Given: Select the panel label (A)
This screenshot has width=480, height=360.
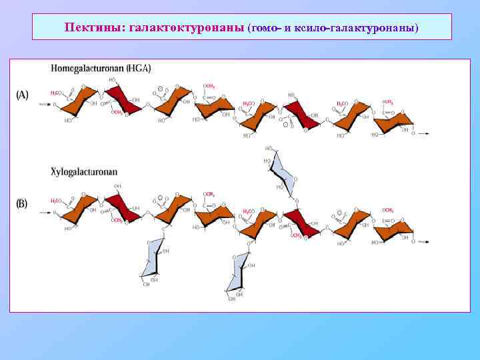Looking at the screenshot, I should [22, 95].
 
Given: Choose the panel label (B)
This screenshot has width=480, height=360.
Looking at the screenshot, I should [22, 203].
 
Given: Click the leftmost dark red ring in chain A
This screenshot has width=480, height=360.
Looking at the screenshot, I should [124, 101].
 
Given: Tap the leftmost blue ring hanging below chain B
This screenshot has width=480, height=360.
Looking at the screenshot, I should [153, 257].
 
